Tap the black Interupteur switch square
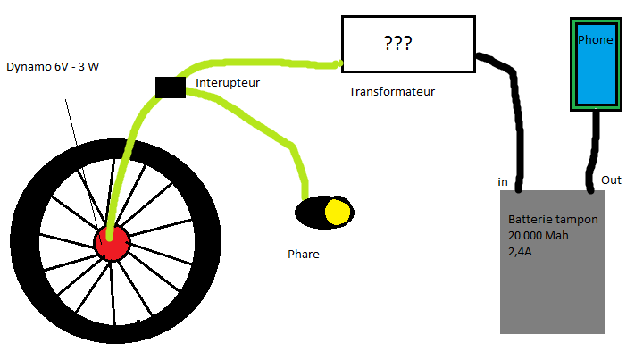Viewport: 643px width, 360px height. point(170,86)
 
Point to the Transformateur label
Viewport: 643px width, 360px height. point(392,91)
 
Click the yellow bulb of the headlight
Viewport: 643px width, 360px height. point(337,212)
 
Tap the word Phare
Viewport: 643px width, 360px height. point(303,254)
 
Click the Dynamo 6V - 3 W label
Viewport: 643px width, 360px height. point(52,67)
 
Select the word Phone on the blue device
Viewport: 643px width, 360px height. point(596,40)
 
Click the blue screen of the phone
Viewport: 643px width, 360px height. point(596,76)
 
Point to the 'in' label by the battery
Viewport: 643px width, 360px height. point(503,182)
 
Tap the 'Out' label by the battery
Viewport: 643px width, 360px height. point(611,180)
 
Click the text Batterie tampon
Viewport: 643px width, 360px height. point(553,220)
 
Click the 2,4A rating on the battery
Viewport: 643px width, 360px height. point(521,252)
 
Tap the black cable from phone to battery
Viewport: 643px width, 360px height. point(591,152)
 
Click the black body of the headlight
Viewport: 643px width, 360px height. point(310,213)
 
